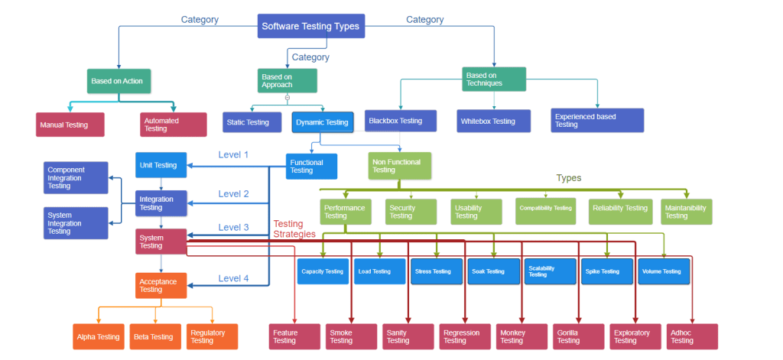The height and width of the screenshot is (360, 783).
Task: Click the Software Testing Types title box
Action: [310, 27]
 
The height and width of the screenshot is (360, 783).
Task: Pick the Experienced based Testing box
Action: [597, 120]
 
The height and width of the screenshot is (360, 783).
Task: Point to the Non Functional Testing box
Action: [399, 166]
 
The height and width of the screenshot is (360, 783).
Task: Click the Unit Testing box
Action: [161, 165]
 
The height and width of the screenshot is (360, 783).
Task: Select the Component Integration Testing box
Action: [75, 178]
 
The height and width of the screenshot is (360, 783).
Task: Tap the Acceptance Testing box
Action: [161, 286]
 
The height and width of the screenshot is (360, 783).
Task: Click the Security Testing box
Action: [411, 212]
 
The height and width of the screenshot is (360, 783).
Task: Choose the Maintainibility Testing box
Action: [686, 212]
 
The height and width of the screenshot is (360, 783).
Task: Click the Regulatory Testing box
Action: [212, 336]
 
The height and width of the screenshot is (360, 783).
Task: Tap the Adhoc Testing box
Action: [692, 336]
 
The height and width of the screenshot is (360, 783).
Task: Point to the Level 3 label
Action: [233, 228]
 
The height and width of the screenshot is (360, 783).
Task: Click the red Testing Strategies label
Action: [294, 229]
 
